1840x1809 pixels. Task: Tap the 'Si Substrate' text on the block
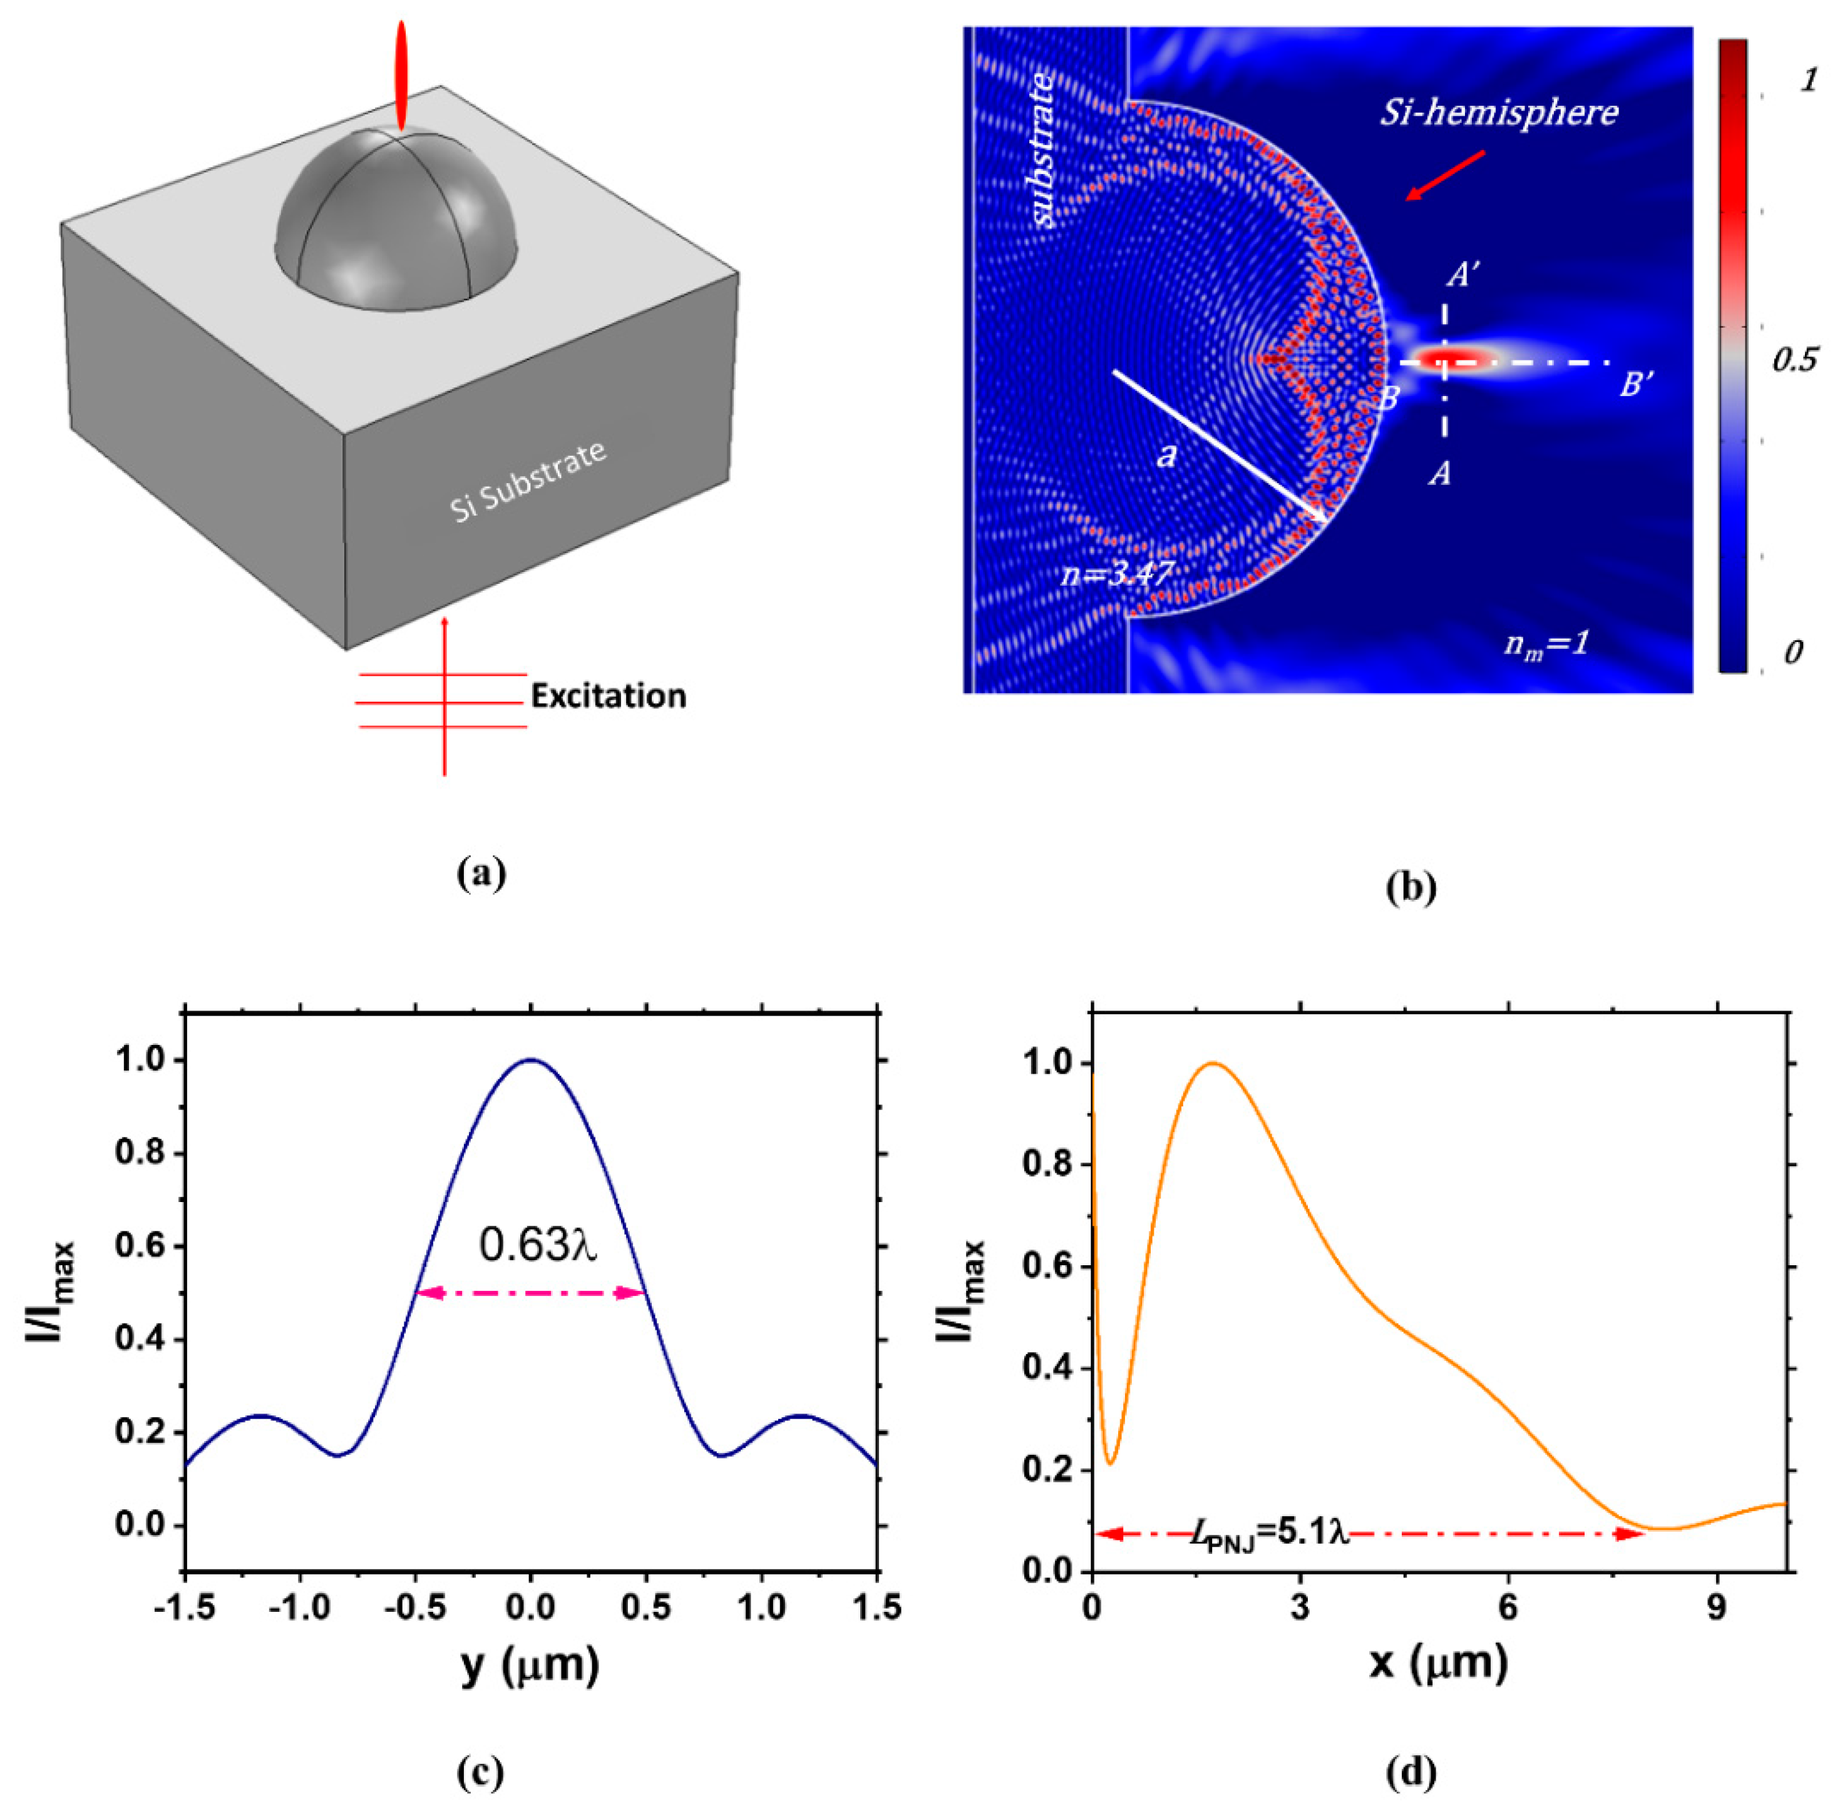tap(528, 481)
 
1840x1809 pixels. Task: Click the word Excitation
tap(609, 696)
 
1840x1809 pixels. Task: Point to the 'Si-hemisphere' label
tap(1499, 112)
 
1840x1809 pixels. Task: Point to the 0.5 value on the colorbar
tap(1794, 360)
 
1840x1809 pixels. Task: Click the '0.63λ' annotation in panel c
tap(538, 1245)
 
